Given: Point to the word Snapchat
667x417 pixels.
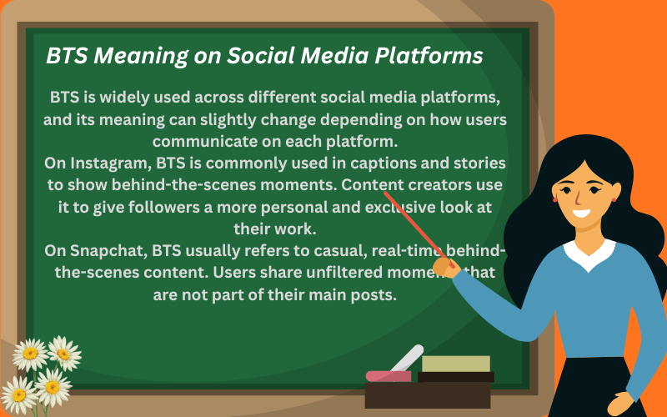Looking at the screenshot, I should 106,252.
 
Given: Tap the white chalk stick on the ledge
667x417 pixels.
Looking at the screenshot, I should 406,360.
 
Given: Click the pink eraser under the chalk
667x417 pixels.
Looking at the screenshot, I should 389,376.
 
